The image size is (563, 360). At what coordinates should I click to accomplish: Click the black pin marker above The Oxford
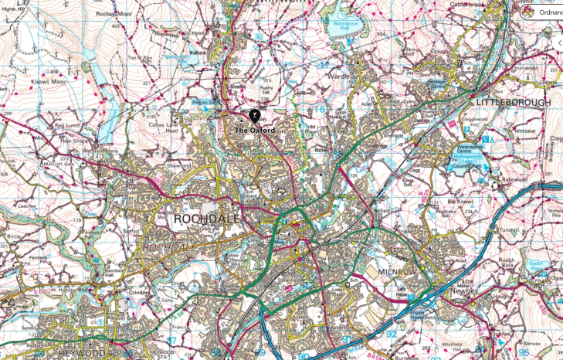click(253, 117)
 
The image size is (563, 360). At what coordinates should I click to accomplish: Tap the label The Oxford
click(254, 131)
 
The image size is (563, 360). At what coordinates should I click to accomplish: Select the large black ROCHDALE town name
click(204, 219)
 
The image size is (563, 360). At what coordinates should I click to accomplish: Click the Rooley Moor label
click(111, 13)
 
